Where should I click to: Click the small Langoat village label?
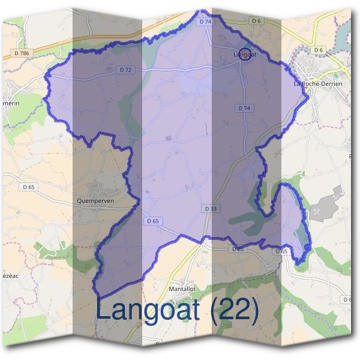(x=245, y=55)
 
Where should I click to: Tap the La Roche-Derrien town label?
(x=317, y=84)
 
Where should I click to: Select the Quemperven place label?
(x=95, y=200)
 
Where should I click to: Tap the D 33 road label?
(x=210, y=208)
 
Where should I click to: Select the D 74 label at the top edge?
(x=205, y=21)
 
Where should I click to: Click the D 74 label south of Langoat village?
(x=244, y=108)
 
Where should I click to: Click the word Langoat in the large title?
(x=150, y=310)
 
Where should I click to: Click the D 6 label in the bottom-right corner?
(x=347, y=299)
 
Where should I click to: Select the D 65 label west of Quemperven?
(x=29, y=187)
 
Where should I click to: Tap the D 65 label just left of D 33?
(x=153, y=221)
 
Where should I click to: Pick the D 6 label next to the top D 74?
(x=257, y=21)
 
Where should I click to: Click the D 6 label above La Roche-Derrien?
(x=319, y=49)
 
